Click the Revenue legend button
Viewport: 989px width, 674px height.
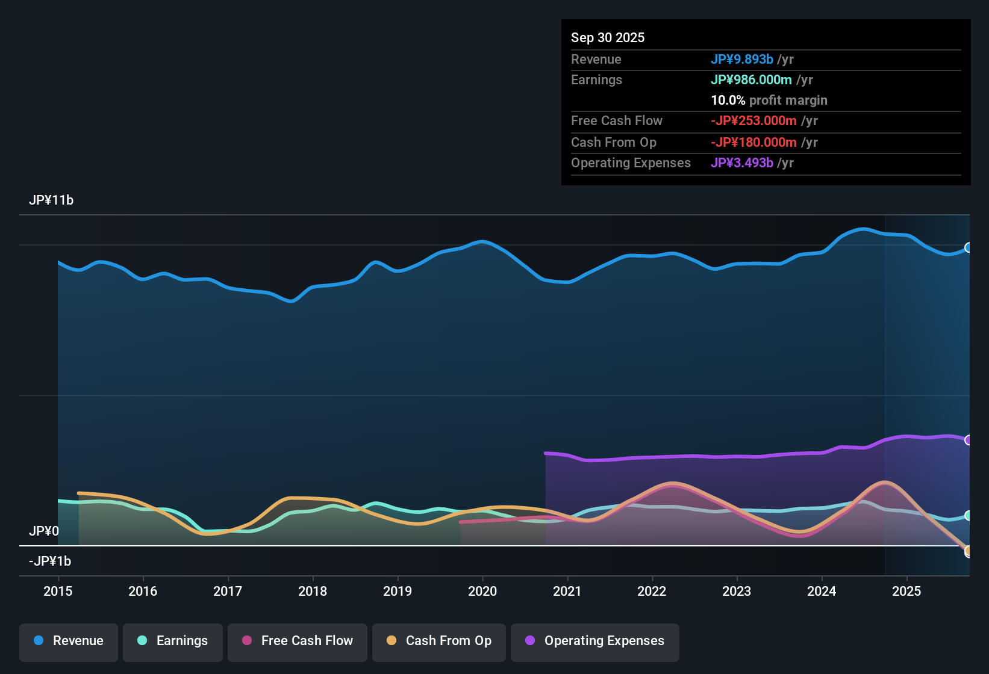pos(69,641)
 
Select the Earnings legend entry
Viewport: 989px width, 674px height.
pos(173,641)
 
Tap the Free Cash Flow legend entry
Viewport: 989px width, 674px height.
pos(298,641)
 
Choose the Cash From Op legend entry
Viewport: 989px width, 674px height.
pos(439,641)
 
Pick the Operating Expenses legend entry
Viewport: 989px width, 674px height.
pos(595,641)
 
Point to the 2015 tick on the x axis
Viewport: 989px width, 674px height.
pos(58,591)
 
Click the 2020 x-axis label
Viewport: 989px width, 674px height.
pos(482,591)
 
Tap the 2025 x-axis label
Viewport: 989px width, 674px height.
pos(906,591)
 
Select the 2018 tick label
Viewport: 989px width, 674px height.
pos(313,591)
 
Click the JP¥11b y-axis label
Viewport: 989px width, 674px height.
pos(51,200)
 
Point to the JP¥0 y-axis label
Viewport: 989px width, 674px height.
pos(44,531)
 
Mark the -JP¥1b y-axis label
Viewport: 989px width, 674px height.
pos(50,561)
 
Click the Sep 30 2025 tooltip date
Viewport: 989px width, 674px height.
pos(608,37)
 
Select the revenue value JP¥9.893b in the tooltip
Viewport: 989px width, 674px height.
pos(741,59)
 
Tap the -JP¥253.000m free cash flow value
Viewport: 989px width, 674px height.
pos(753,120)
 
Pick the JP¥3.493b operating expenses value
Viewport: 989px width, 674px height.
pos(741,162)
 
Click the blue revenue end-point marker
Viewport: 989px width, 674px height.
pos(968,247)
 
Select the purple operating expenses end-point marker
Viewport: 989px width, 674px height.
pos(968,440)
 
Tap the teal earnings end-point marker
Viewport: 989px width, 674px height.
pos(968,516)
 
